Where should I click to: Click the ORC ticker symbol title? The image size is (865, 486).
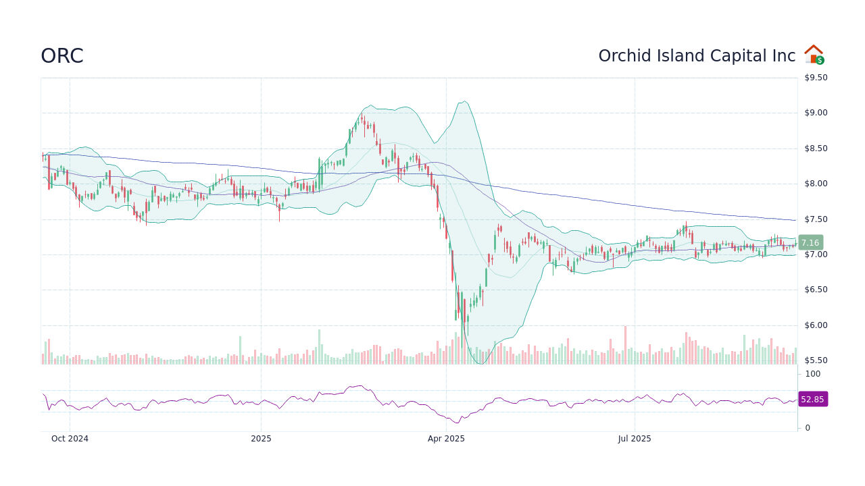tap(62, 56)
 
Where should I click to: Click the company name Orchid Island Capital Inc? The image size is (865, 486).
tap(697, 56)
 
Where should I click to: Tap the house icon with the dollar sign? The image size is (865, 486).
tap(814, 55)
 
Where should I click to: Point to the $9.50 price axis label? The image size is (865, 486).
tap(816, 78)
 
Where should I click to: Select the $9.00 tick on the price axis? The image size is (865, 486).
tap(816, 113)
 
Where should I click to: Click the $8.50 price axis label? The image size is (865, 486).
tap(816, 148)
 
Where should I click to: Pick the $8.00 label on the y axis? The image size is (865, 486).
tap(816, 184)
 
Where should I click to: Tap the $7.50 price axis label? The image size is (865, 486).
tap(816, 219)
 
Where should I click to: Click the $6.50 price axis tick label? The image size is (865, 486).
tap(816, 290)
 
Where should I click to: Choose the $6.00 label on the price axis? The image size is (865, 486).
tap(816, 325)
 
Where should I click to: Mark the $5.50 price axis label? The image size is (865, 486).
tap(816, 360)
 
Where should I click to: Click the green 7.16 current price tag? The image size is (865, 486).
tap(810, 242)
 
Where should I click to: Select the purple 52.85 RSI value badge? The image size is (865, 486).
tap(812, 399)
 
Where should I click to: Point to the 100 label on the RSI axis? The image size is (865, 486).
tap(812, 374)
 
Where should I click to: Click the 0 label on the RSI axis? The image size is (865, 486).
tap(808, 428)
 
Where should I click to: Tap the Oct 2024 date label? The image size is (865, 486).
tap(70, 439)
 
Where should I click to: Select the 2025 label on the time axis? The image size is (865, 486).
tap(261, 439)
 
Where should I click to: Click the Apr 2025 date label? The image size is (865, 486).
tap(446, 439)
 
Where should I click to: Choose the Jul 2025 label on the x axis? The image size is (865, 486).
tap(635, 439)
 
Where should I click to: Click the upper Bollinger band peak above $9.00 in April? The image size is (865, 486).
tap(464, 101)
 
